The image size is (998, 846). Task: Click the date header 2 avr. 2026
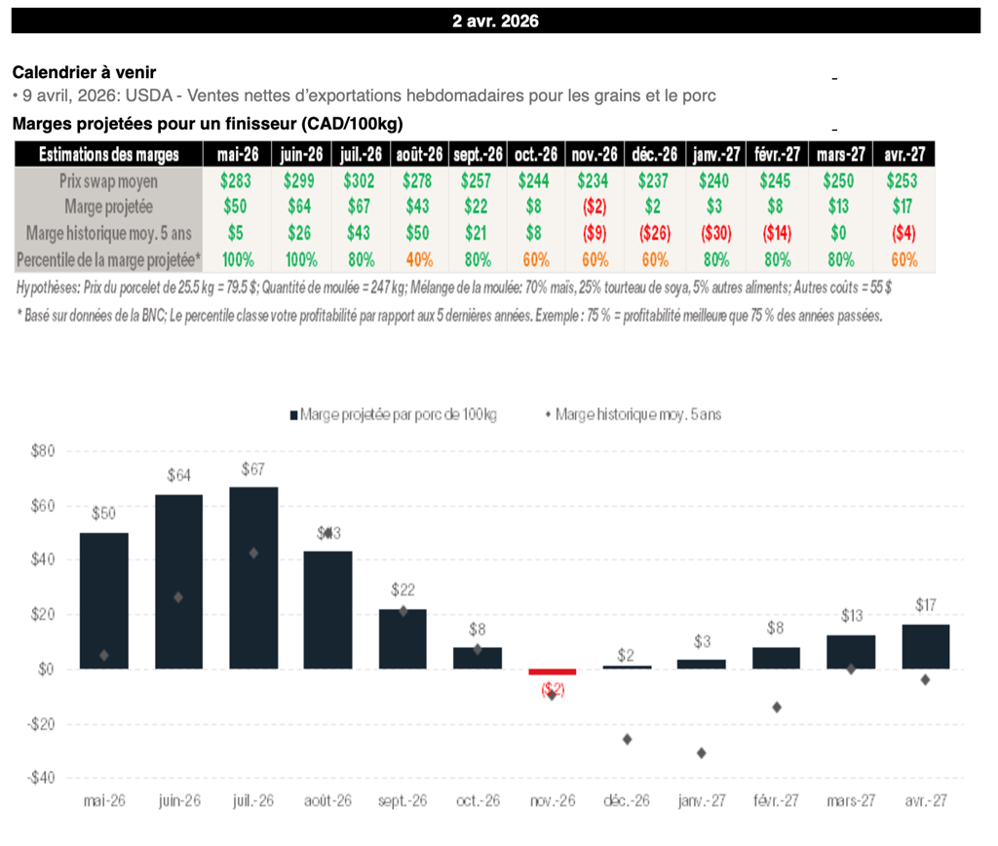[495, 20]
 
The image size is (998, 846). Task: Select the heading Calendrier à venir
[84, 72]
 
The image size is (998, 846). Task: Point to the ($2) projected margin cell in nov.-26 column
[594, 208]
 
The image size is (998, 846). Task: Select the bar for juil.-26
[254, 577]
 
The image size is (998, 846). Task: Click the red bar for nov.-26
[553, 672]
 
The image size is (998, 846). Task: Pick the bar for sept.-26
[403, 638]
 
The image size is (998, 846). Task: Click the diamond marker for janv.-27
[702, 752]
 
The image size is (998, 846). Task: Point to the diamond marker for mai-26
[103, 655]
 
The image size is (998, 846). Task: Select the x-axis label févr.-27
[776, 801]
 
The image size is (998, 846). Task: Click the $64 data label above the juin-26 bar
[178, 477]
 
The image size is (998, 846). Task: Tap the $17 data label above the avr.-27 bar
[926, 605]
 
